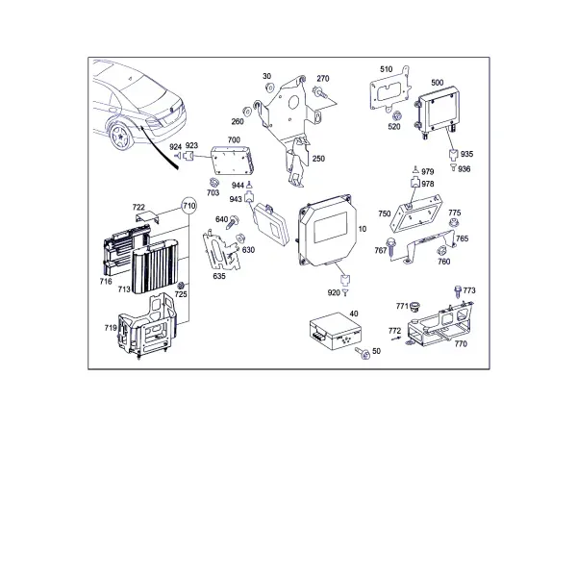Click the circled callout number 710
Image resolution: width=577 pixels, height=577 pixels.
189,206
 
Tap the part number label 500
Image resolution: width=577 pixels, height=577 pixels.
438,83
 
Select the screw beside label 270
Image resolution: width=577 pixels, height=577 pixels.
319,92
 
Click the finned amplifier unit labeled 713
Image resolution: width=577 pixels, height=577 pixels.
155,266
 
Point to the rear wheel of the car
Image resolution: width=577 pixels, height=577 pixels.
120,137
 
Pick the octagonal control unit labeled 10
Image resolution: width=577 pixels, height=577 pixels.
327,230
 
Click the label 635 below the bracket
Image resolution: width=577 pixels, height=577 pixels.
219,276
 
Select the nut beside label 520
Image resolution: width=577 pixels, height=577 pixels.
396,115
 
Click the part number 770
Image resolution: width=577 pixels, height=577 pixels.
461,343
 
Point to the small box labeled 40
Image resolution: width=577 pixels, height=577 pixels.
335,331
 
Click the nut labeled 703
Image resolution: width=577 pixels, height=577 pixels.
213,182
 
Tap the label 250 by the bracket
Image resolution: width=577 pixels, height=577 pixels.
318,159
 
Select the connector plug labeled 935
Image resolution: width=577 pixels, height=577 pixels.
453,154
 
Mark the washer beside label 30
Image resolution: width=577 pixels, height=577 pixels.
269,88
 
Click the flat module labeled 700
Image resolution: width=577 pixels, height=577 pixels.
233,160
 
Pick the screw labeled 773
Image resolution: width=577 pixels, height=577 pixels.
458,291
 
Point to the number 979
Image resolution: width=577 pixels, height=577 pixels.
428,171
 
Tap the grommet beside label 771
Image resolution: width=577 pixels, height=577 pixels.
415,307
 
